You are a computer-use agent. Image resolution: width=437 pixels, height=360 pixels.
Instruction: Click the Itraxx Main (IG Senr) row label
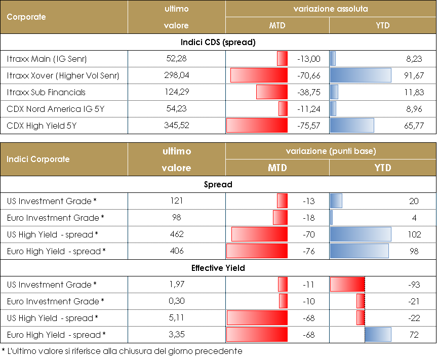coord(47,59)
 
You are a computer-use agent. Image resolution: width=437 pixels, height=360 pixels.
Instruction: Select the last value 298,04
coord(176,76)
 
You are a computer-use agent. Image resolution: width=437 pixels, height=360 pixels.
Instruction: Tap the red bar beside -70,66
coord(259,75)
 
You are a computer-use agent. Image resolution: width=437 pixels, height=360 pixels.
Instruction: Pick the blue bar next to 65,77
coord(352,126)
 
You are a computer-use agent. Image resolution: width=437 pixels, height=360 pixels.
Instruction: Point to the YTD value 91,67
coord(414,76)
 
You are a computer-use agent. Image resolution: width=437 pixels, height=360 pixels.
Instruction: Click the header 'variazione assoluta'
coord(331,9)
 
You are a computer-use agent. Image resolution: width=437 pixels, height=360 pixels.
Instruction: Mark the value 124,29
coord(176,92)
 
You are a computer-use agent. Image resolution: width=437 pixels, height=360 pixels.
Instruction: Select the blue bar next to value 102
coord(361,234)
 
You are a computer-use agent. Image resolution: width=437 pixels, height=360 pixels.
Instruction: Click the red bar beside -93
coord(347,285)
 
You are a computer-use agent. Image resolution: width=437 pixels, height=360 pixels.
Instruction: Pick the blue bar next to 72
coord(378,335)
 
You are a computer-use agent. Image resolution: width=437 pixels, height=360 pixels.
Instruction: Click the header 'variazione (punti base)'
coord(331,151)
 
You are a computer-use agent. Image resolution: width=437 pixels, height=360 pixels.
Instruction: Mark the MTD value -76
coord(308,251)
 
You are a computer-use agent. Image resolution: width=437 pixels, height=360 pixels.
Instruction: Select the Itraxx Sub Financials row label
coord(46,92)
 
